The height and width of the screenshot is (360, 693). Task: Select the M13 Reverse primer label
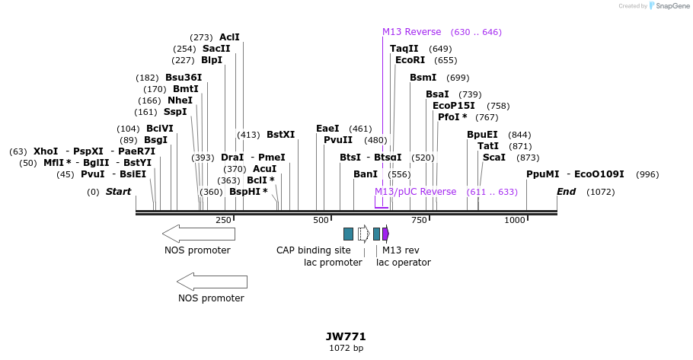click(x=411, y=32)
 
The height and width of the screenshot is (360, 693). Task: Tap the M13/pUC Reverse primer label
click(x=415, y=192)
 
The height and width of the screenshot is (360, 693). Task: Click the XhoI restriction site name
click(x=46, y=151)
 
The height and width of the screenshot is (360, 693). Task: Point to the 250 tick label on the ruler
click(x=223, y=220)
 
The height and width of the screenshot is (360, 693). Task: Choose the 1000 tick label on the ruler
click(x=515, y=220)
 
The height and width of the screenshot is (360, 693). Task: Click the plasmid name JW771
click(x=346, y=336)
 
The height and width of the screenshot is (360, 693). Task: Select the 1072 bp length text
click(x=346, y=349)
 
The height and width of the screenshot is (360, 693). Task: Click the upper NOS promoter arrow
click(x=197, y=233)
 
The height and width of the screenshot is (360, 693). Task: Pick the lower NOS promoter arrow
click(x=211, y=282)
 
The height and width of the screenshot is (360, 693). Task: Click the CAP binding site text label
click(x=314, y=250)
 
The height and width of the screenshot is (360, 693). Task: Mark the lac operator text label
click(x=404, y=263)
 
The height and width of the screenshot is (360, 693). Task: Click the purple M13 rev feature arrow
click(x=385, y=234)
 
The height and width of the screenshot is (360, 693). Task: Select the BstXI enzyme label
click(x=280, y=135)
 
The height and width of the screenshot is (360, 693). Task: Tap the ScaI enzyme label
click(x=494, y=158)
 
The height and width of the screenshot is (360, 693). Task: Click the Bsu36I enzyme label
click(x=184, y=78)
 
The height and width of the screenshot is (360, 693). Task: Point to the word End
click(x=566, y=192)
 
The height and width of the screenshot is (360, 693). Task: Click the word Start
click(x=118, y=192)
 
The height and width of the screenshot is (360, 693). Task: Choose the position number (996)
click(x=647, y=174)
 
